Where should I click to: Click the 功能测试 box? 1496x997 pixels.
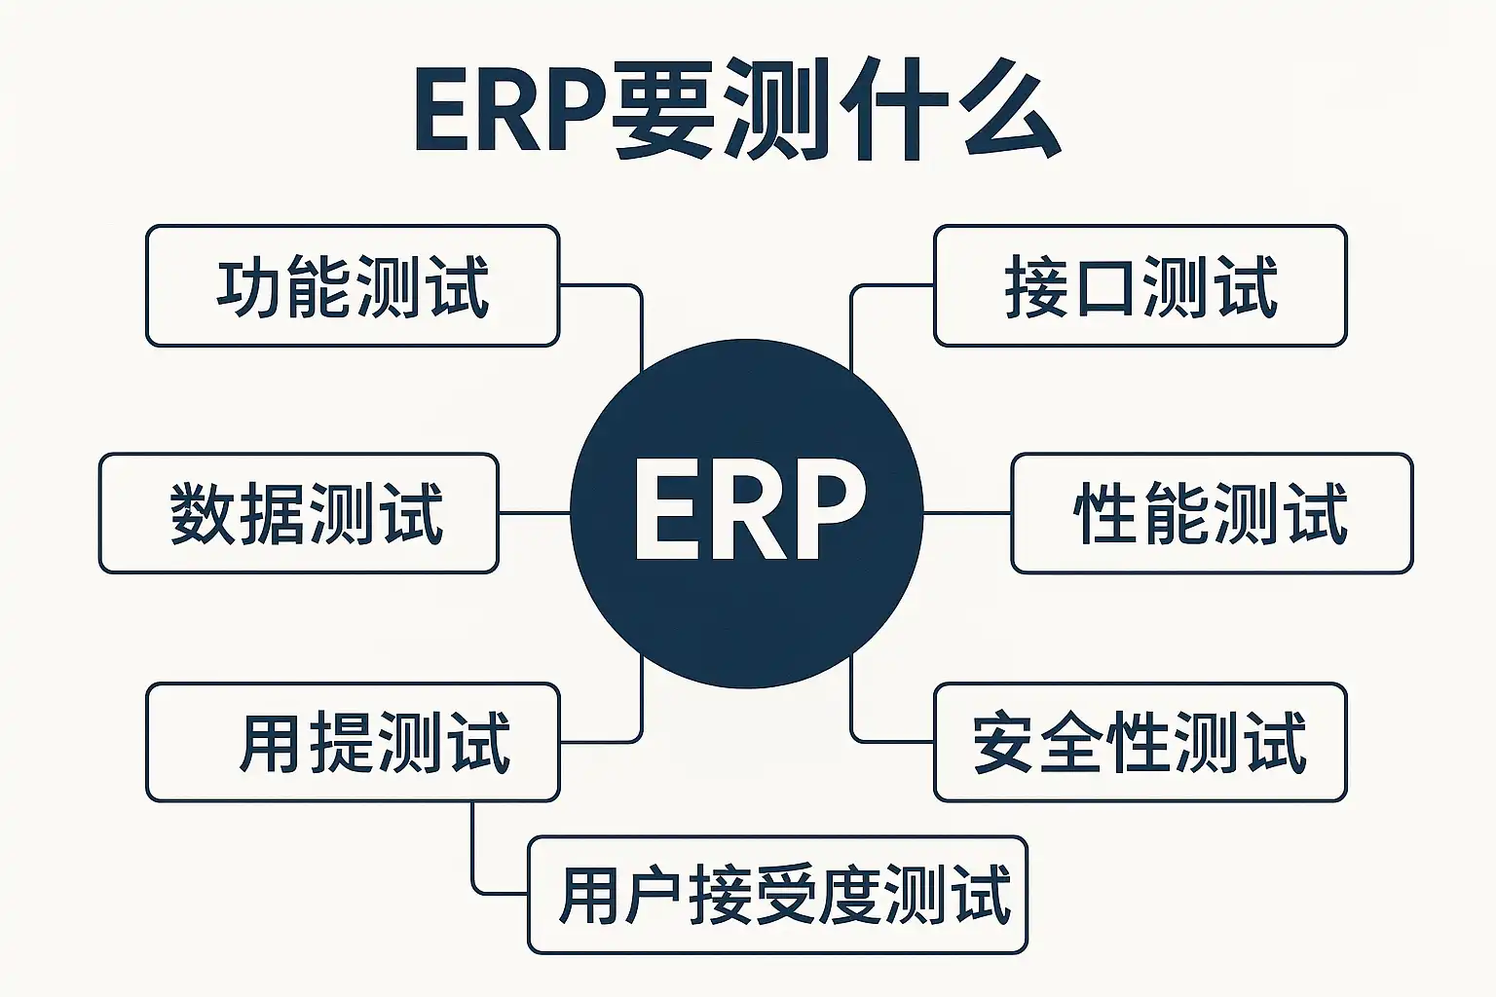353,286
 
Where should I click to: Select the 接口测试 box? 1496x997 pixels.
1140,286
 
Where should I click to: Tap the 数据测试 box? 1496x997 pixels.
299,513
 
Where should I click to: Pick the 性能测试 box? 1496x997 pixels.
1212,513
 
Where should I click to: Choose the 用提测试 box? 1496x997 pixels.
353,742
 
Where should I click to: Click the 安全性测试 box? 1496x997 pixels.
1140,742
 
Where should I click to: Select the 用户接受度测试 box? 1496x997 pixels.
777,895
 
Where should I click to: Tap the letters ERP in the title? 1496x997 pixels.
510,109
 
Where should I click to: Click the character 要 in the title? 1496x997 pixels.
664,109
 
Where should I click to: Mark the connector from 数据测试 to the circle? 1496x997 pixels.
534,513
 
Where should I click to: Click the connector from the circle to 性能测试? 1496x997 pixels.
967,513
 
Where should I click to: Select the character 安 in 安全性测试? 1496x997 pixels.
1002,743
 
